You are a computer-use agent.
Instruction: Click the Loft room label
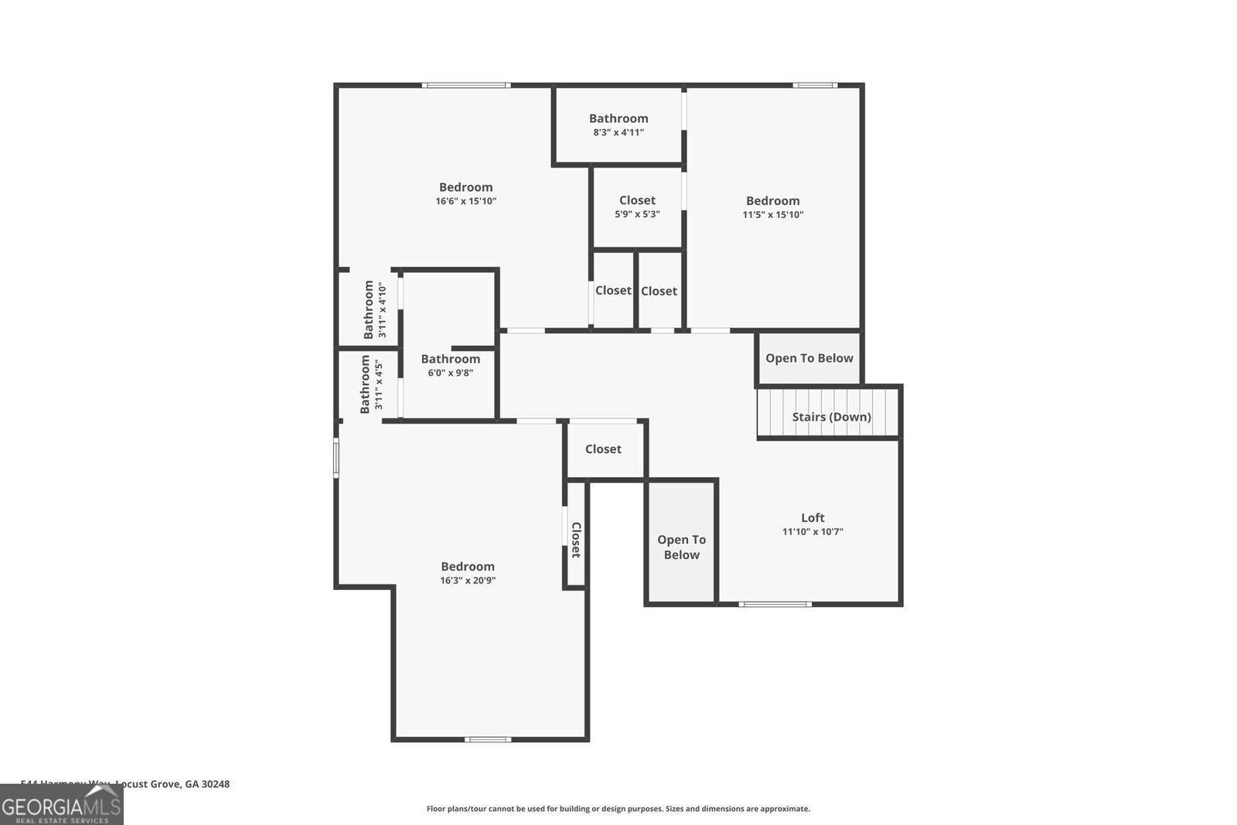[x=813, y=518]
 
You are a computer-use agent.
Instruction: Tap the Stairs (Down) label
[x=831, y=417]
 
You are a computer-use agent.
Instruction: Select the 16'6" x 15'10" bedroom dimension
[x=465, y=201]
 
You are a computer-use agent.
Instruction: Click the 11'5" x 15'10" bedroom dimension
[x=772, y=215]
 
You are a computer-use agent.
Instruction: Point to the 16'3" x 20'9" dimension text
[x=467, y=581]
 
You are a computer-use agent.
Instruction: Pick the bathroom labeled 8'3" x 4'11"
[x=618, y=124]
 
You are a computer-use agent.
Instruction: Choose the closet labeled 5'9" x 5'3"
[x=637, y=206]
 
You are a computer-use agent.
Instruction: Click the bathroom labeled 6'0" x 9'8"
[x=450, y=365]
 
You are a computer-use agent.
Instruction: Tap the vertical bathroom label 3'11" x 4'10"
[x=374, y=309]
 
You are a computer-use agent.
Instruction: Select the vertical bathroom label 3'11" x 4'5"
[x=370, y=384]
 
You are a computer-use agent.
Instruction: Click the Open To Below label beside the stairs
[x=809, y=358]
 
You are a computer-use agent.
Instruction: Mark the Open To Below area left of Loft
[x=681, y=547]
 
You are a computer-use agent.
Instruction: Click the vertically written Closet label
[x=576, y=540]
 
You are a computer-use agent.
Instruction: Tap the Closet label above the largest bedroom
[x=603, y=449]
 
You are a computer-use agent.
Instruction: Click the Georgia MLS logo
[x=61, y=806]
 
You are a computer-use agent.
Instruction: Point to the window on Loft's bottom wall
[x=775, y=604]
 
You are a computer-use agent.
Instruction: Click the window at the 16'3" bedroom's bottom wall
[x=488, y=740]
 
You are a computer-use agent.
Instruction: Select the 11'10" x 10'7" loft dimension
[x=813, y=532]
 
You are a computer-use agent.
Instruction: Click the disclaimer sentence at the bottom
[x=618, y=809]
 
